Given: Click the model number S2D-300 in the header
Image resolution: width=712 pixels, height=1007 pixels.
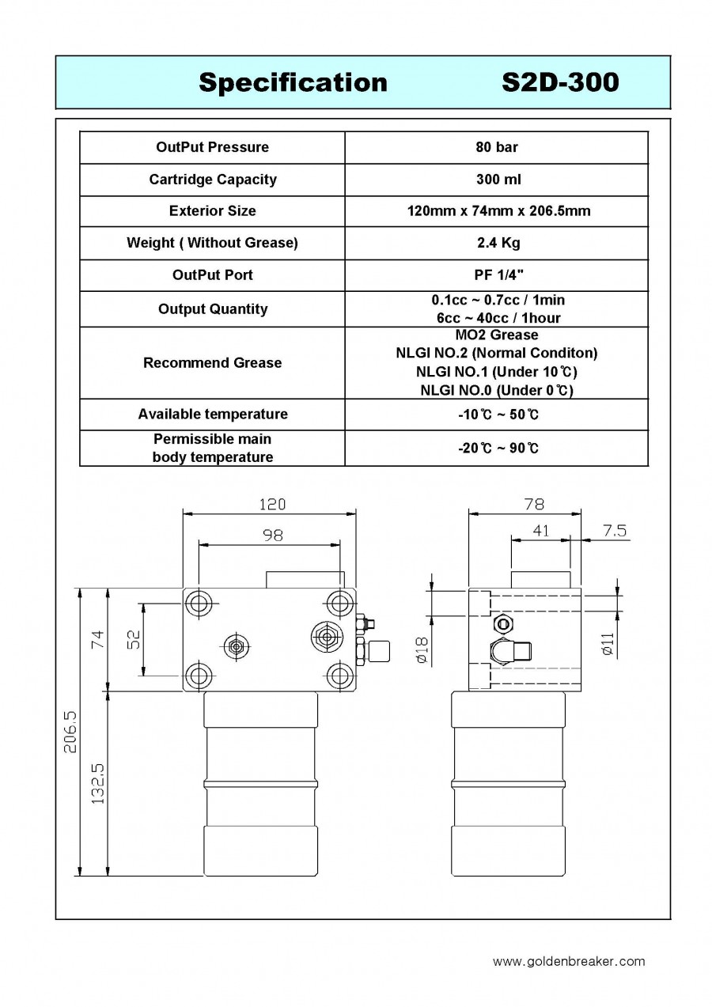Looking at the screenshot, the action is (x=560, y=82).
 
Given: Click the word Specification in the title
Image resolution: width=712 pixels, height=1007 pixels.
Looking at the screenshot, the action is (x=293, y=83).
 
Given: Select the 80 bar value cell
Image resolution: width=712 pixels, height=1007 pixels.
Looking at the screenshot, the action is (x=497, y=147).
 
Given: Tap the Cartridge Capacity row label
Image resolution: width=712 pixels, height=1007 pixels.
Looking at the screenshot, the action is (x=213, y=180).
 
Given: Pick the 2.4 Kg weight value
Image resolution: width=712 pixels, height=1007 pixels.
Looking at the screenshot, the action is (x=498, y=243).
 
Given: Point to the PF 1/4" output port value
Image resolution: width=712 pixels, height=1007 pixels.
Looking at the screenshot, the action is (x=499, y=274).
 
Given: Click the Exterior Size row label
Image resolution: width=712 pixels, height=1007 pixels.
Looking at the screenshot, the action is (x=213, y=211).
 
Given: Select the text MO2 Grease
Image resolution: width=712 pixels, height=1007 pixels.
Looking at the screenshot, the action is (x=497, y=335).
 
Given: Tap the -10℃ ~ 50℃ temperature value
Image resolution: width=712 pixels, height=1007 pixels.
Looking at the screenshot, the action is (x=498, y=414).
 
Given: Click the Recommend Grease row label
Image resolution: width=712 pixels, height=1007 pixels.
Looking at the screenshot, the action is (x=213, y=363).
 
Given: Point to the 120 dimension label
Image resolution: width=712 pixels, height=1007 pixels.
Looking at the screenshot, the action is (x=272, y=505).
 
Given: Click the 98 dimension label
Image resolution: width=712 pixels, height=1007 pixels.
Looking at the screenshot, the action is (x=273, y=535).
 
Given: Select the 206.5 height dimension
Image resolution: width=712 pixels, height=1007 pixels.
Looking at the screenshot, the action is (x=70, y=733).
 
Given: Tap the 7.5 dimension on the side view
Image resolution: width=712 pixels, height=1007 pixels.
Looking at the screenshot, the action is (x=615, y=531).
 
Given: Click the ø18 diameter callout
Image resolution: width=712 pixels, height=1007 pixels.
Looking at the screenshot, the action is (x=422, y=650).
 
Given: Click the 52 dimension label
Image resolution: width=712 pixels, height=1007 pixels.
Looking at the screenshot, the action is (x=134, y=639).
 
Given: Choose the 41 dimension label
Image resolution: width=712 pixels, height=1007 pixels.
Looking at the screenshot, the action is (x=541, y=531).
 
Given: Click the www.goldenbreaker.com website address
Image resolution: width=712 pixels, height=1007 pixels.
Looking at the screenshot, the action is (x=569, y=962).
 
